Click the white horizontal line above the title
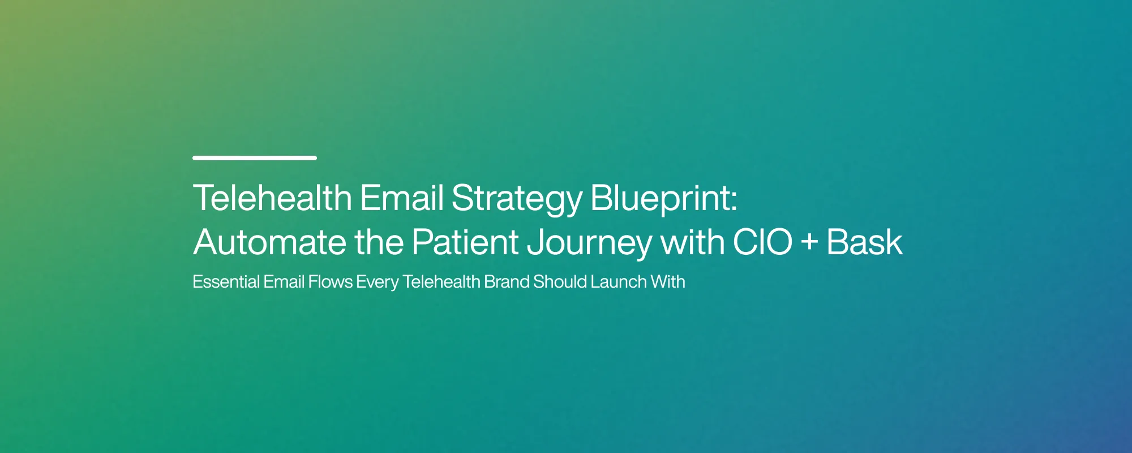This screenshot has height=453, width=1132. [255, 158]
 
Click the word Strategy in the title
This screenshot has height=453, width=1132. [517, 199]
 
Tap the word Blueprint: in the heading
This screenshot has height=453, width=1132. [663, 199]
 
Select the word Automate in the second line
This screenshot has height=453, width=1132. [269, 242]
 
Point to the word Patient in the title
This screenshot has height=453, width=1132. [465, 242]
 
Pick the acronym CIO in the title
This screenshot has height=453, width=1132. [762, 242]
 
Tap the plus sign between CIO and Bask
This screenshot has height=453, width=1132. [810, 242]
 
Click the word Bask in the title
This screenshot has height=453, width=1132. [864, 242]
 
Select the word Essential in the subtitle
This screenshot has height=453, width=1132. [226, 281]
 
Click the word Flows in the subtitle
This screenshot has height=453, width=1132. [330, 281]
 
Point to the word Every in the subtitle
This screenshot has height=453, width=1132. [377, 282]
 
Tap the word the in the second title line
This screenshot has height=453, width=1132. [379, 242]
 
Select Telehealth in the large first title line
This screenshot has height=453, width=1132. [272, 199]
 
